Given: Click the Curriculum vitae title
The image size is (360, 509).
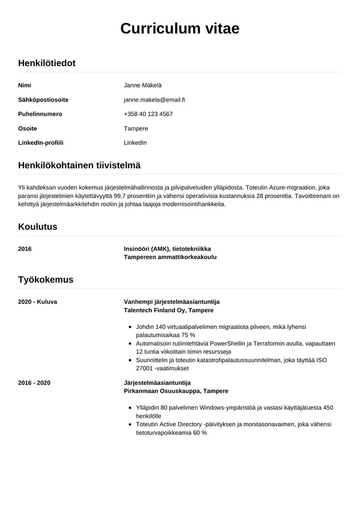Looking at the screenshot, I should point(180,29).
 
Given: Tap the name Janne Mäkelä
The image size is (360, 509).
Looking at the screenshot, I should point(143,85).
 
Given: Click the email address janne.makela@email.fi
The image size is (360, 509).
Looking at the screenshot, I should point(154,100).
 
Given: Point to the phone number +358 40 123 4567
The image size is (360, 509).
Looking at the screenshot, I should point(148,114).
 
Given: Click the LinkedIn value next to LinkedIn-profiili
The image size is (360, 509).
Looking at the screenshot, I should point(135,143).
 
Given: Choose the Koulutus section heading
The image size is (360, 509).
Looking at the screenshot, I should point(37,227).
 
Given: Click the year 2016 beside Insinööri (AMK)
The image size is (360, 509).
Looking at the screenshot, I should point(25,248).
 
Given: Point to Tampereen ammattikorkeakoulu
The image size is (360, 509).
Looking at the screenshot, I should point(170,257).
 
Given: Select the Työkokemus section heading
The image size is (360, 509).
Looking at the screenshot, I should point(46,280).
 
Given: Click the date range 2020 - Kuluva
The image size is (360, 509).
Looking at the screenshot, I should point(37,302).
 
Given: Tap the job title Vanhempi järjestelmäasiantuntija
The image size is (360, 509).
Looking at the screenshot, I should point(172,302).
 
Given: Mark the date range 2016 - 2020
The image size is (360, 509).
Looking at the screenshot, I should point(34,382).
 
